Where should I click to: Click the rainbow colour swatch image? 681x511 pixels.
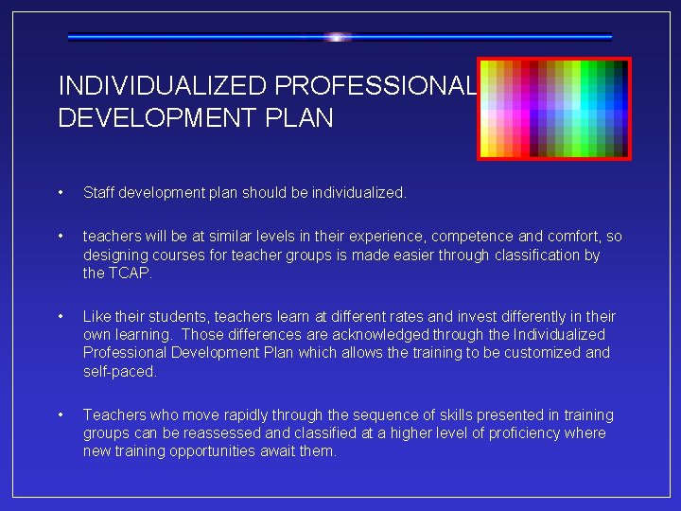(x=553, y=109)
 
